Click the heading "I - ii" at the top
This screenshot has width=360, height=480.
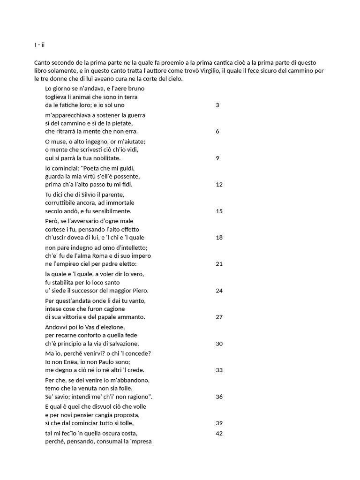(x=39, y=45)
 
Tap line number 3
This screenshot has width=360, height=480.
(x=217, y=105)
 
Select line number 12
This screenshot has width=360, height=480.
(x=219, y=185)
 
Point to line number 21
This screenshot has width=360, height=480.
(x=219, y=264)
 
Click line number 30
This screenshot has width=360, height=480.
(x=219, y=344)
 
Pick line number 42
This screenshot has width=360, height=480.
(x=219, y=433)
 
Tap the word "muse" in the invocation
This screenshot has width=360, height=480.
(x=60, y=142)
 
